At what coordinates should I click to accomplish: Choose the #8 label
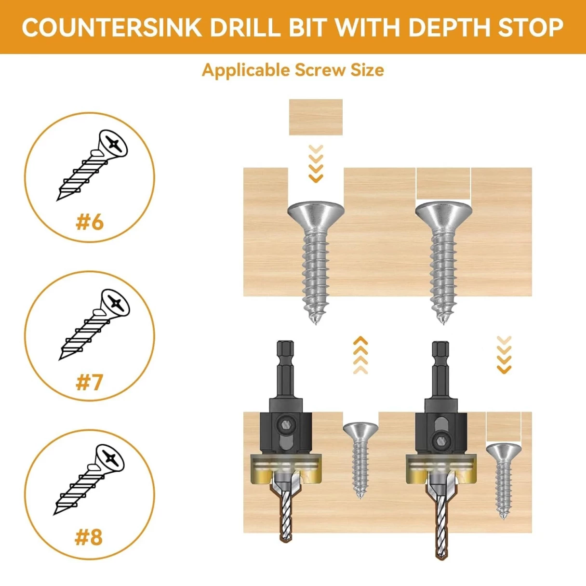(x=89, y=537)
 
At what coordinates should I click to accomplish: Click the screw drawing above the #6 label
(x=92, y=165)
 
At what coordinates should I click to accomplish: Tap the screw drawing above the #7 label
(x=93, y=324)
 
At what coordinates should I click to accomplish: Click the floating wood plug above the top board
(x=316, y=117)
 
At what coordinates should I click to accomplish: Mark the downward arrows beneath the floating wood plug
(x=316, y=163)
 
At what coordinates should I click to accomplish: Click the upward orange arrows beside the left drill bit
(x=360, y=355)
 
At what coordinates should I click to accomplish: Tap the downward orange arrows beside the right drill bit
(x=504, y=355)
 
